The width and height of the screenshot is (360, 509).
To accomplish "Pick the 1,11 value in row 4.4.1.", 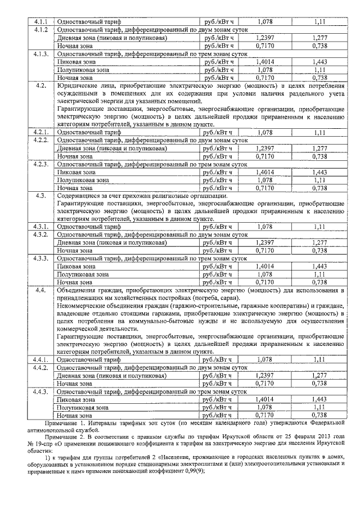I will (x=319, y=359).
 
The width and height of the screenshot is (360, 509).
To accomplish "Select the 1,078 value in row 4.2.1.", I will (x=264, y=133).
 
